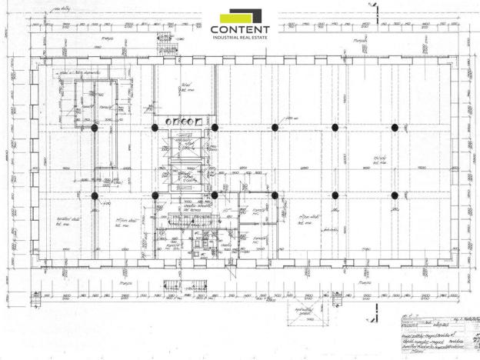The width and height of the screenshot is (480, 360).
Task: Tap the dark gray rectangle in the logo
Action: tap(257, 15)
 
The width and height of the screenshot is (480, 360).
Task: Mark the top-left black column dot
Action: tap(95, 128)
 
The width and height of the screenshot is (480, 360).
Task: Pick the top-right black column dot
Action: tap(395, 128)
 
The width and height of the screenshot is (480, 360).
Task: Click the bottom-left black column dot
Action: tap(95, 195)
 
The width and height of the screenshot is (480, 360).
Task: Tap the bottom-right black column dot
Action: tap(395, 195)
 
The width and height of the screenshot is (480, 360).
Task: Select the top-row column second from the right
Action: tap(335, 128)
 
